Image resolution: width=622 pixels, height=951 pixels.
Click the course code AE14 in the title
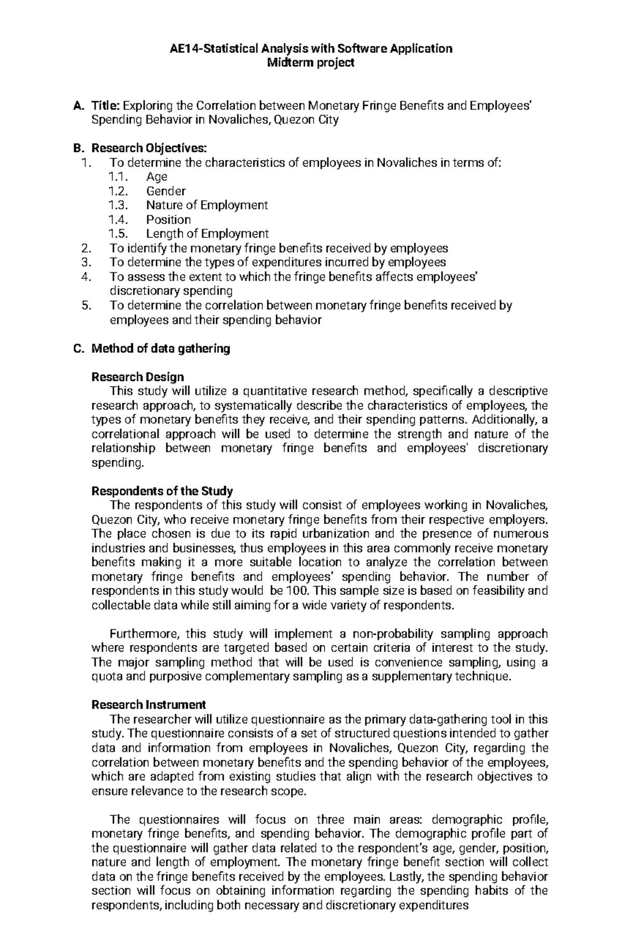coord(185,49)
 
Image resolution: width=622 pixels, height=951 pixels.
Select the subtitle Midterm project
coord(310,63)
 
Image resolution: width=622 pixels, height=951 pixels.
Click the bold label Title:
coord(106,106)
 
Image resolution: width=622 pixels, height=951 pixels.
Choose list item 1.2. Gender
coord(165,191)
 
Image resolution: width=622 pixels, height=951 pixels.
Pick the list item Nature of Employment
coord(206,205)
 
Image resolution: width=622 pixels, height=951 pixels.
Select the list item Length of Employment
coord(207,234)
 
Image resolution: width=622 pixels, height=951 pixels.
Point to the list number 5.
coord(86,305)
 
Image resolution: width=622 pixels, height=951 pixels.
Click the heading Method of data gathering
coord(160,348)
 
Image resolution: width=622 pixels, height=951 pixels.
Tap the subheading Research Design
coord(137,377)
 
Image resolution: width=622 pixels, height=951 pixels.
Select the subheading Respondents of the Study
coord(162,491)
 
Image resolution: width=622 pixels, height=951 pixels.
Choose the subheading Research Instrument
coord(148,705)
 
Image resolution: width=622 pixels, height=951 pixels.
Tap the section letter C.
coord(78,348)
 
